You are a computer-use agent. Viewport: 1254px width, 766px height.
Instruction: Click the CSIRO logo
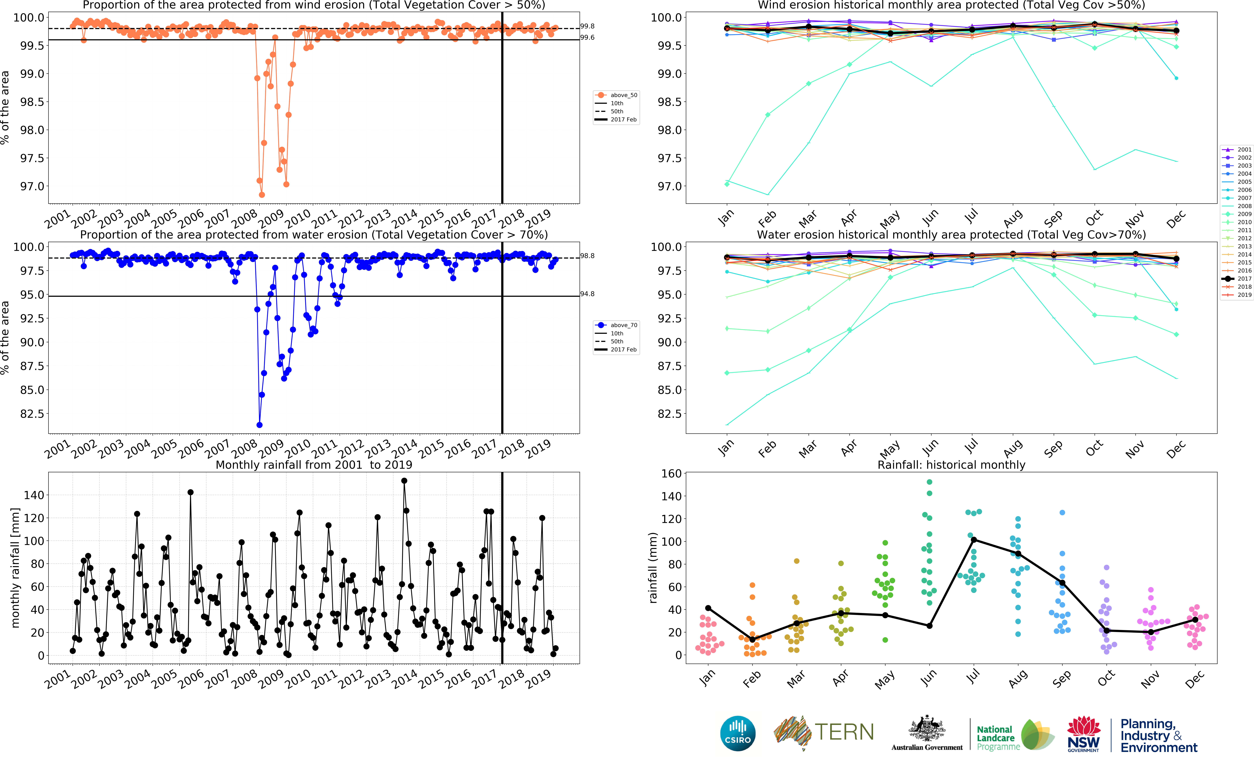tap(737, 733)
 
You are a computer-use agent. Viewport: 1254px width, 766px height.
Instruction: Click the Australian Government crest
tap(927, 729)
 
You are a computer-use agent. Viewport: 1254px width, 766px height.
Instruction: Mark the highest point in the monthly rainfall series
tap(404, 481)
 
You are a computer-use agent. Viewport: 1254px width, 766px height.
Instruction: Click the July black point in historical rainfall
tap(974, 540)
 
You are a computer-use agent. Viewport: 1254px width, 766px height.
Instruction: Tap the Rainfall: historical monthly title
tap(951, 465)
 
